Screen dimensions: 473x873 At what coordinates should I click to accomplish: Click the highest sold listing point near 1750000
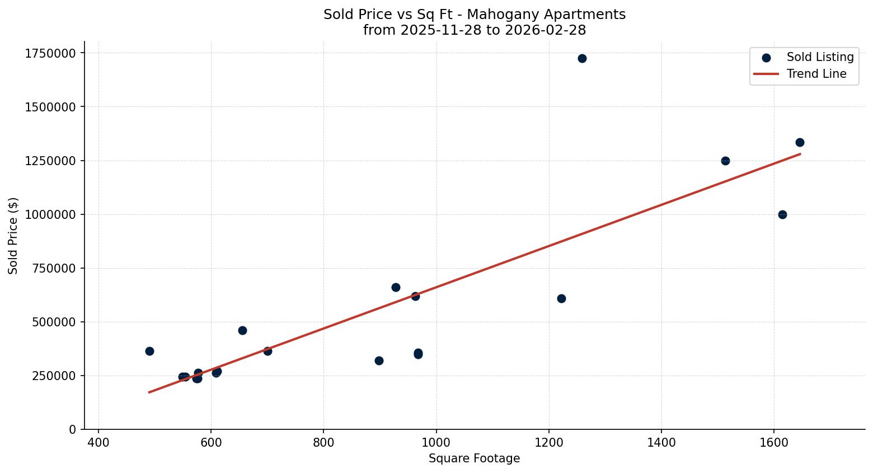pos(582,59)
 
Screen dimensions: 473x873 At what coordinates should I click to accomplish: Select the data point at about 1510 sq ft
pos(725,161)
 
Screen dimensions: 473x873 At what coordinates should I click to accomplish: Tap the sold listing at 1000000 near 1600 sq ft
pos(782,215)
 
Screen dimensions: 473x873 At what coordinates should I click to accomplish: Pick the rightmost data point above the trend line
pos(800,143)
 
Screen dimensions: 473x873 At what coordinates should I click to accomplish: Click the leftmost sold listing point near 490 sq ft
pos(149,352)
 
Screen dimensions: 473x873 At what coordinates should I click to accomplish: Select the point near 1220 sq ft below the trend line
pos(561,299)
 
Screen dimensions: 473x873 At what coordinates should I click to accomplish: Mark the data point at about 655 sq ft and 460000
pos(242,331)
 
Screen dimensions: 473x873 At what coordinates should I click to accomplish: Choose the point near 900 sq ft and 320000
pos(379,361)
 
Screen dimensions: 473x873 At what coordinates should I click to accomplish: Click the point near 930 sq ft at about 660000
pos(396,288)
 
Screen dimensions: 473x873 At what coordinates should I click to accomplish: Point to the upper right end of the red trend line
pos(800,154)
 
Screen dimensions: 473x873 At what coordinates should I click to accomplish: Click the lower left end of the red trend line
pos(149,392)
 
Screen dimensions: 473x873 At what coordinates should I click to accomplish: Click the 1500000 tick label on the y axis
pos(50,107)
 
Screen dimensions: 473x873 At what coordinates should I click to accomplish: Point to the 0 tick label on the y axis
pos(72,430)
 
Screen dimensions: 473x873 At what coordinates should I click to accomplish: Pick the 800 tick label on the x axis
pos(323,443)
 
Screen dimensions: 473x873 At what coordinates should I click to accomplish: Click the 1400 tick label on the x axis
pos(661,443)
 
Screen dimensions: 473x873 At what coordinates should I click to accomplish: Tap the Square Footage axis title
pos(474,459)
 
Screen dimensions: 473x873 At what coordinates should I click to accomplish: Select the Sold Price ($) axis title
pos(13,236)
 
